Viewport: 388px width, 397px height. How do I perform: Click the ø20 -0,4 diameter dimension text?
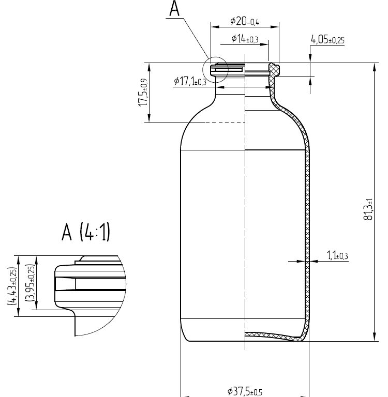[x=245, y=21]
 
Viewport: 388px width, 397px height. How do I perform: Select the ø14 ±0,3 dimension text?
[x=245, y=39]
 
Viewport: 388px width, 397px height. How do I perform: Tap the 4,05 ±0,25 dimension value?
[x=327, y=40]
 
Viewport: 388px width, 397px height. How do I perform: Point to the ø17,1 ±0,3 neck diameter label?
[x=190, y=81]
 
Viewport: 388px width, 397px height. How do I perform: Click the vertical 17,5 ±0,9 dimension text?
[x=143, y=93]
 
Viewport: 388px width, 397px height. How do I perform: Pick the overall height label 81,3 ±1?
[x=368, y=209]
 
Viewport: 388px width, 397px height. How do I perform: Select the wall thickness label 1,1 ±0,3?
[x=337, y=255]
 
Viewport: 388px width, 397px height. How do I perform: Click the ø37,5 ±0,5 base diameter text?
[x=245, y=391]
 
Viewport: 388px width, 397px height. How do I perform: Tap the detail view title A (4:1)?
[x=86, y=232]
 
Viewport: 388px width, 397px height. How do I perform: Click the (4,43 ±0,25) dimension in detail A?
[x=12, y=286]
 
